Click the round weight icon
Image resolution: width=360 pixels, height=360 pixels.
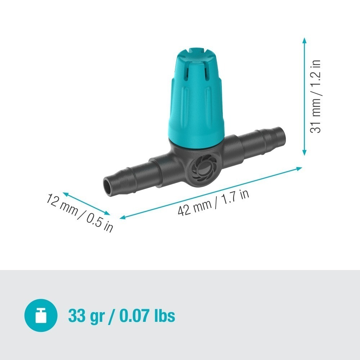coord(41,315)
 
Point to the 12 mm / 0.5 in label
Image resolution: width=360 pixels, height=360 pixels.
coord(80,213)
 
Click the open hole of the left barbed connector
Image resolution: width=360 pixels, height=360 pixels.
coord(108,187)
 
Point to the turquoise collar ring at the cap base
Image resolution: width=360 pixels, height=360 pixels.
coord(197,142)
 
